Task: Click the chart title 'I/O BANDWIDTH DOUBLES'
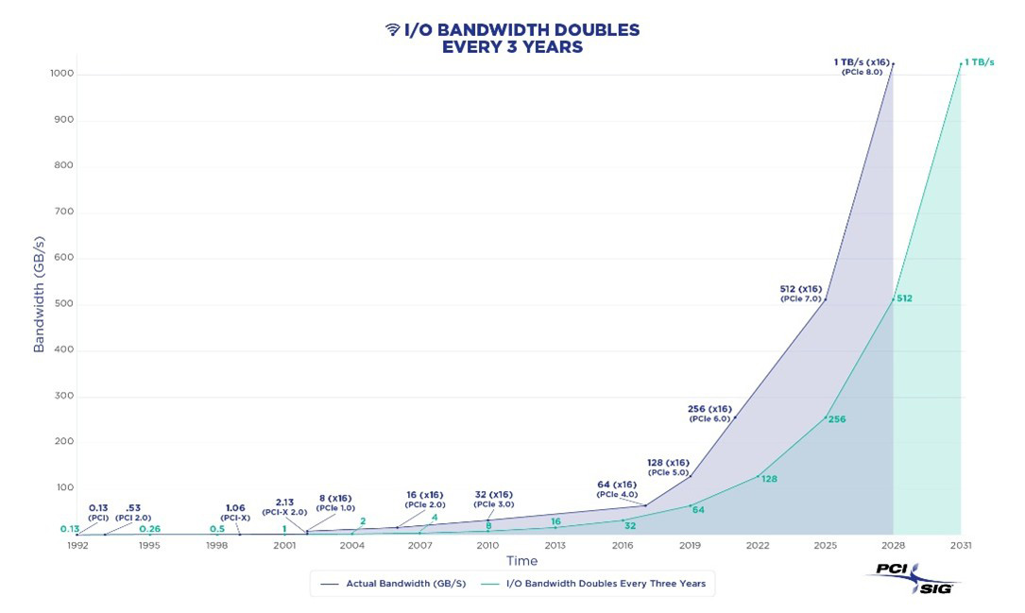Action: pyautogui.click(x=521, y=30)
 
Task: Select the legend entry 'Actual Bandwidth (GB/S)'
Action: pyautogui.click(x=396, y=584)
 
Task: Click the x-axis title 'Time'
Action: pyautogui.click(x=521, y=561)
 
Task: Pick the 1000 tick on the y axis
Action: pyautogui.click(x=61, y=74)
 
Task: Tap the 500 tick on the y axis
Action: pyautogui.click(x=64, y=304)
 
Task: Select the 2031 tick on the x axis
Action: pyautogui.click(x=961, y=546)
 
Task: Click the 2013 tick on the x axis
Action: pyautogui.click(x=555, y=546)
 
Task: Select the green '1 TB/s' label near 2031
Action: pyautogui.click(x=980, y=62)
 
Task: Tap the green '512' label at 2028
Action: pyautogui.click(x=904, y=298)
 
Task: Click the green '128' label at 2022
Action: pyautogui.click(x=769, y=479)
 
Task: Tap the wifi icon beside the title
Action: pyautogui.click(x=393, y=30)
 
